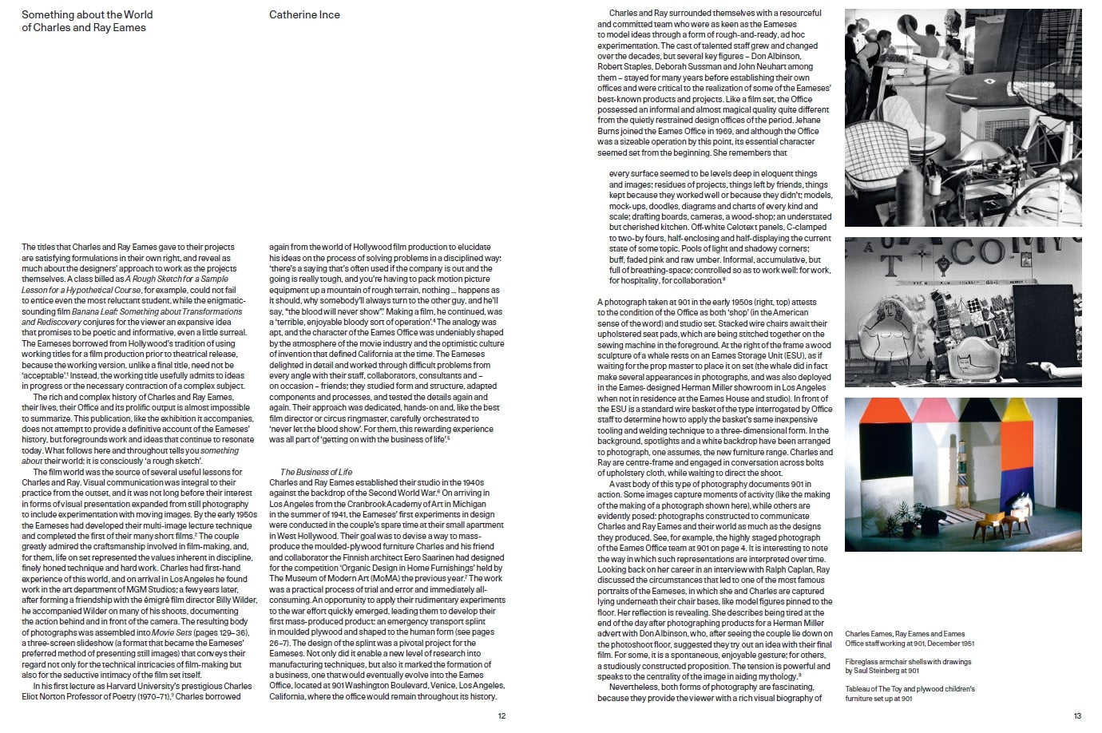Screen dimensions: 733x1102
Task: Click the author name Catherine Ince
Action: (x=304, y=14)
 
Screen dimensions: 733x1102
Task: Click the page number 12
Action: (x=501, y=716)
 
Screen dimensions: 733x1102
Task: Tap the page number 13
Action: (x=1077, y=716)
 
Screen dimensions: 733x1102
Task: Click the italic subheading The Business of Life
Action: (x=316, y=472)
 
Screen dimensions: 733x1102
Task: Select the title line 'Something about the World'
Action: (x=87, y=14)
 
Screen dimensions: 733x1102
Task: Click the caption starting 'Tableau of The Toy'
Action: (x=910, y=693)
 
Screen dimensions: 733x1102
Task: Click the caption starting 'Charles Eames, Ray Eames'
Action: (x=910, y=638)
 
